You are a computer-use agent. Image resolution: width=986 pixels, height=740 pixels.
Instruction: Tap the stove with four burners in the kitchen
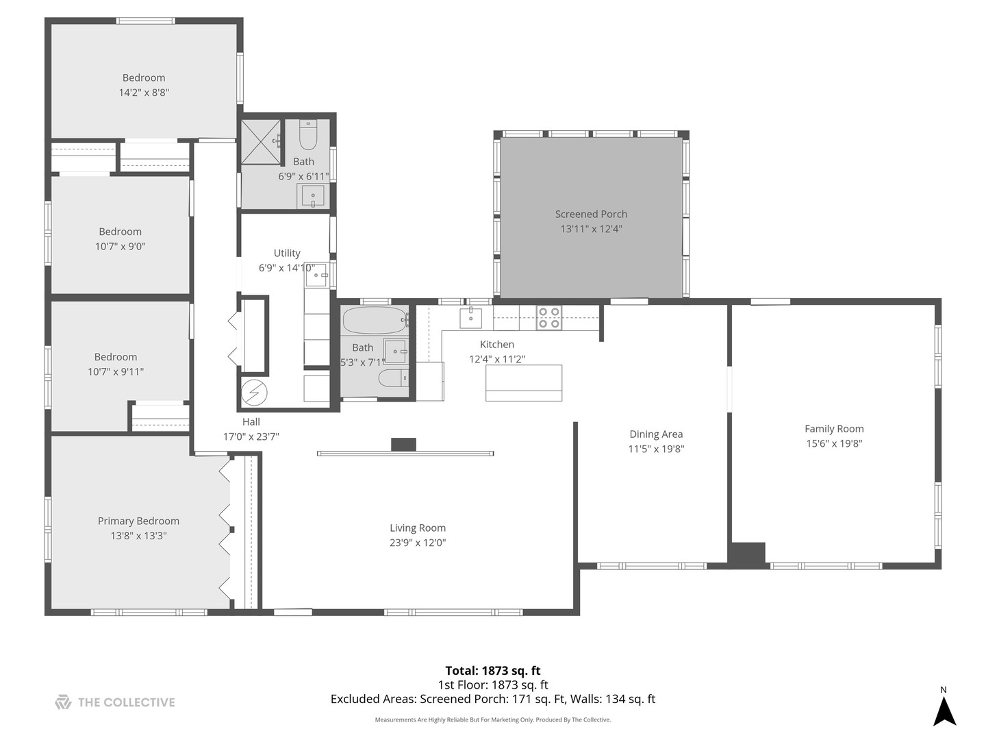[x=548, y=318]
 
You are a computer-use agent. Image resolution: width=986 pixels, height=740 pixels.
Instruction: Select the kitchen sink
[x=471, y=318]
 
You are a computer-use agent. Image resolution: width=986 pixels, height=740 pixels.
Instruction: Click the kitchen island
[x=524, y=383]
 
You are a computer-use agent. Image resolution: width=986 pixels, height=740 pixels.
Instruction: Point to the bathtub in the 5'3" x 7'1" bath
[x=375, y=319]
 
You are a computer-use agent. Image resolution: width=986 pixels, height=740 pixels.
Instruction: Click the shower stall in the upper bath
[x=261, y=142]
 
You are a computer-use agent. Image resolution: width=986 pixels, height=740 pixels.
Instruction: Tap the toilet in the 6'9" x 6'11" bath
[x=308, y=136]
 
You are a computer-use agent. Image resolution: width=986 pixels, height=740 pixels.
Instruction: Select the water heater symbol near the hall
[x=254, y=393]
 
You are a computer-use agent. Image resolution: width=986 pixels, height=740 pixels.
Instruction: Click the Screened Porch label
[x=591, y=214]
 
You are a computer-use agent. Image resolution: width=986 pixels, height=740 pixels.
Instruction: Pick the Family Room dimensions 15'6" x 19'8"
[x=834, y=443]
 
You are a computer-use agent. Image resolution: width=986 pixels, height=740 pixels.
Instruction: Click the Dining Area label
[x=656, y=434]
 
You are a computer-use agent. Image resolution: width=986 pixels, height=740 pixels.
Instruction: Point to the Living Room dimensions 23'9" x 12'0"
[x=418, y=543]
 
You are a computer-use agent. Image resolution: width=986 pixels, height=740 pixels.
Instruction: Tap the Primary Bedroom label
[x=138, y=521]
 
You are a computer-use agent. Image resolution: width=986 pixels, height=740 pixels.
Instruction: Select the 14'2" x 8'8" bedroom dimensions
[x=144, y=92]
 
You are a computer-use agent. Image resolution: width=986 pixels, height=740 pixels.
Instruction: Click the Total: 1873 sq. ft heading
[x=493, y=671]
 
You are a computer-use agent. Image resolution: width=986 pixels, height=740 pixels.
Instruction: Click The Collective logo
[x=115, y=702]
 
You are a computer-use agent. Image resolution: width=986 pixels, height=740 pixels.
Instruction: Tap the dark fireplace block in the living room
[x=403, y=445]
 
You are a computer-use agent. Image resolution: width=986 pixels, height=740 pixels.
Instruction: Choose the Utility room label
[x=287, y=253]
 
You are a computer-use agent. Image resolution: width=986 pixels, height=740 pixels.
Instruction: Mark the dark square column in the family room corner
[x=746, y=554]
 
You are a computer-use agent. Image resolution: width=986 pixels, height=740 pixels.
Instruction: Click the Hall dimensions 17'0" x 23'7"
[x=251, y=436]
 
